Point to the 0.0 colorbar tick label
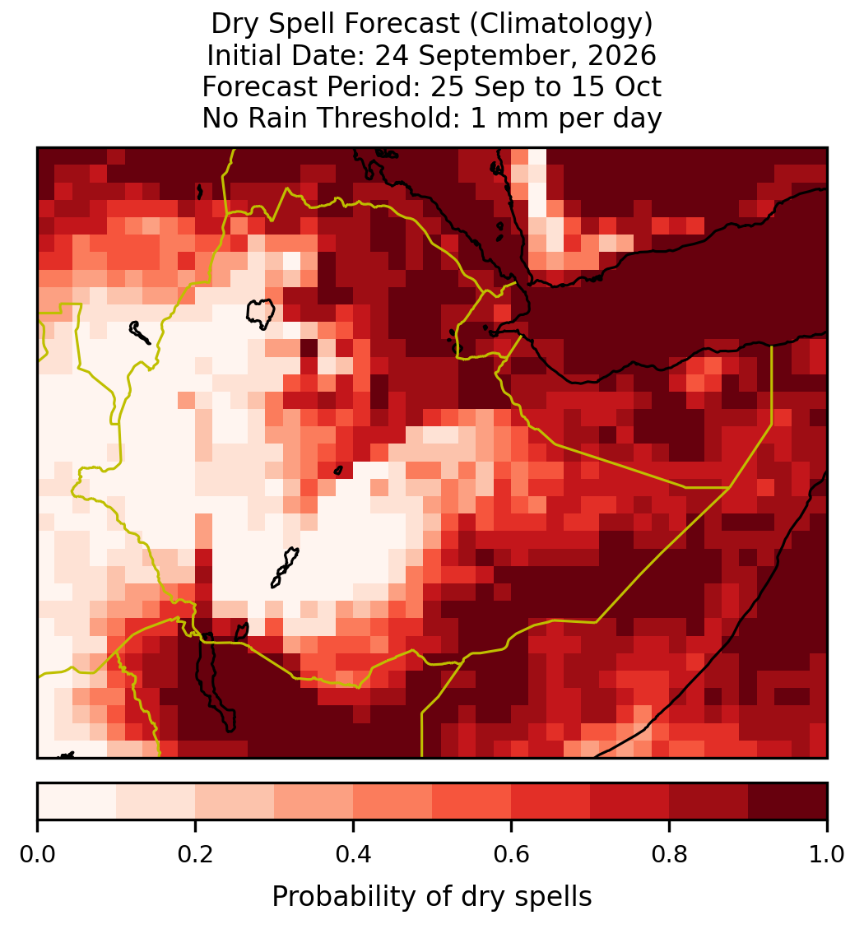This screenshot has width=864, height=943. click(37, 854)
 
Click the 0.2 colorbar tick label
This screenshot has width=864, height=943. click(195, 854)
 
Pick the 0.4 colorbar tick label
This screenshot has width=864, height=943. click(353, 854)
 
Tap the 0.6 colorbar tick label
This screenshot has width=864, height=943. click(511, 854)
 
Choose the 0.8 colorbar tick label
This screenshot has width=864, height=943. click(669, 854)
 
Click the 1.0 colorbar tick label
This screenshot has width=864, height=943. click(827, 854)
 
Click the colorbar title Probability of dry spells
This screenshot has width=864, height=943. click(432, 897)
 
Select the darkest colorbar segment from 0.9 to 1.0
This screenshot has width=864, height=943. click(787, 801)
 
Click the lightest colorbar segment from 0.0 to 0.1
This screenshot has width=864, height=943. click(77, 801)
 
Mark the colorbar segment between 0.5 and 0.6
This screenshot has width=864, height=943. click(471, 801)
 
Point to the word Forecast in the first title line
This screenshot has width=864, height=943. click(401, 24)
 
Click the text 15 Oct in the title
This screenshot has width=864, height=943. click(616, 86)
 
